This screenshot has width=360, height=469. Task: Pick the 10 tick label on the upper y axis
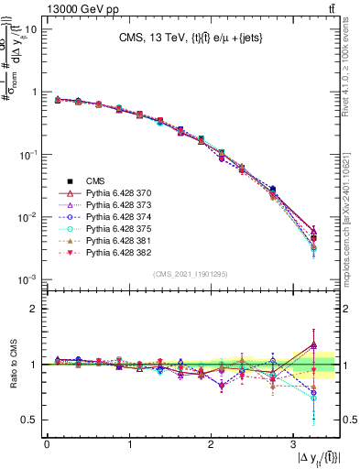pos(30,29)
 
